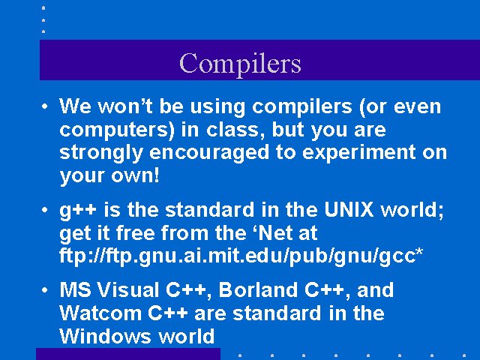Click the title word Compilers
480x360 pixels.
point(240,64)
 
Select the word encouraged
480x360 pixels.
point(209,153)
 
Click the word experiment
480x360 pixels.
point(358,152)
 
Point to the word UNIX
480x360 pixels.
point(349,209)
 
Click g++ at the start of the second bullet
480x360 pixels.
point(78,211)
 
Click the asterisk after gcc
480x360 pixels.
point(419,252)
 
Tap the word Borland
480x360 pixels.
point(258,289)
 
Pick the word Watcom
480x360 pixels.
point(100,313)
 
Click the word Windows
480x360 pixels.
point(106,336)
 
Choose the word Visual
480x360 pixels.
point(128,289)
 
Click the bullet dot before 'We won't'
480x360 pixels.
point(45,106)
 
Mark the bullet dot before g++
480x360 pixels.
point(45,210)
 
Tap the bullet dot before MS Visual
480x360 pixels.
point(45,289)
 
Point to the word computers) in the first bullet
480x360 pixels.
point(117,130)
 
